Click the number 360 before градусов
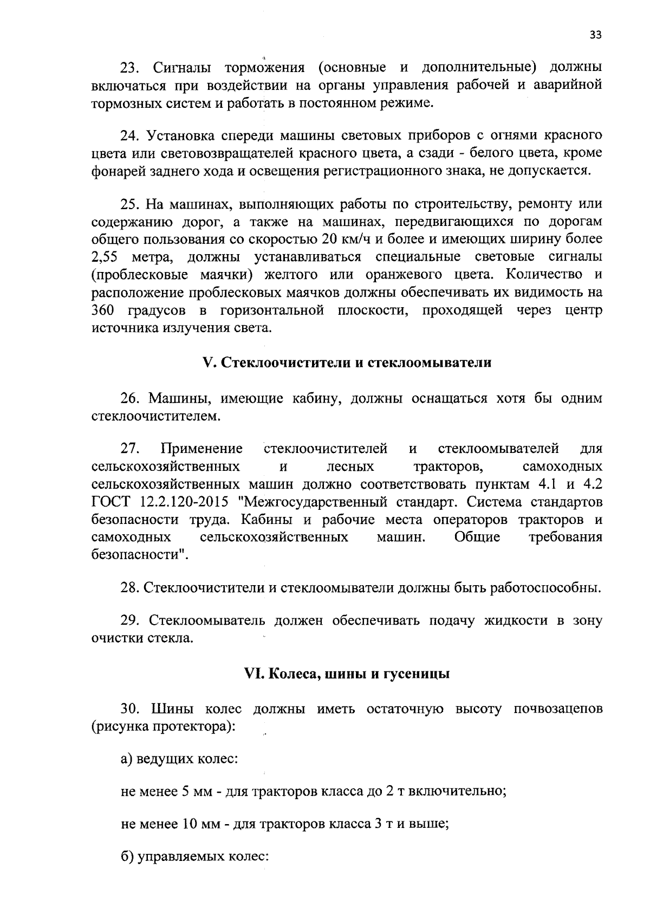(103, 310)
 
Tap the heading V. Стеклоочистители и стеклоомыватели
(347, 362)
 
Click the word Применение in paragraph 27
(201, 449)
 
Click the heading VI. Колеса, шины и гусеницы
(347, 674)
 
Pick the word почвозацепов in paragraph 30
(557, 709)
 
